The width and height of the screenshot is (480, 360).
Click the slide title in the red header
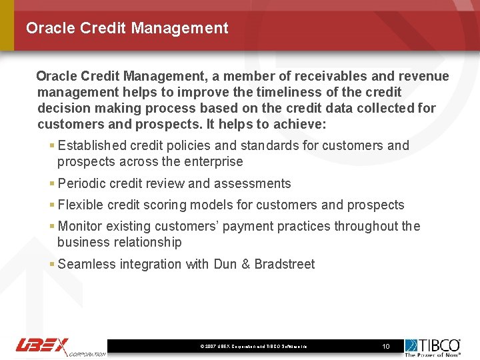(127, 28)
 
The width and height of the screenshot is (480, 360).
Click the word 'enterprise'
(211, 161)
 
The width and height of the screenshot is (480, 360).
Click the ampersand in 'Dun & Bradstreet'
(245, 264)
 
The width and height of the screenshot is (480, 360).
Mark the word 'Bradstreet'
(284, 264)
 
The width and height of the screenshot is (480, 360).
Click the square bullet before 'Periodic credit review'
(52, 183)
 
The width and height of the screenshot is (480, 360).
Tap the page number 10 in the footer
(385, 346)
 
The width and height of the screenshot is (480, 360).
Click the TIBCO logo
(433, 346)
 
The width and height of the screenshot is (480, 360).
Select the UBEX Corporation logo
(60, 346)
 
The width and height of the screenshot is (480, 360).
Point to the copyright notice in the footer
(253, 347)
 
